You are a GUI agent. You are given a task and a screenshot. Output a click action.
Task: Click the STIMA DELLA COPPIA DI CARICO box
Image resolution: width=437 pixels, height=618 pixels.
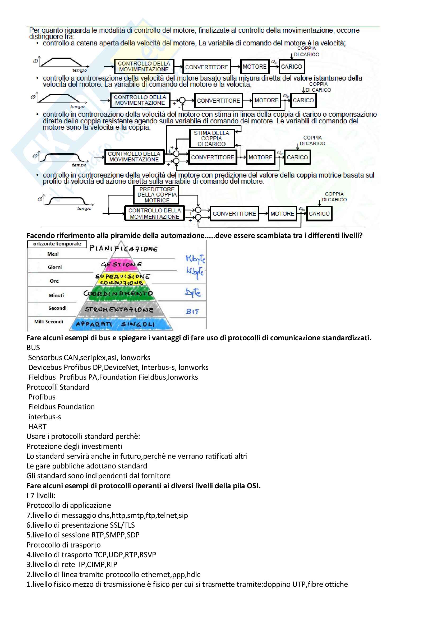[x=212, y=139]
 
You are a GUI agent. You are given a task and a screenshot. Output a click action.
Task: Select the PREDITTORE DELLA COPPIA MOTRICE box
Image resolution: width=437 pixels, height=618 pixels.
[x=157, y=195]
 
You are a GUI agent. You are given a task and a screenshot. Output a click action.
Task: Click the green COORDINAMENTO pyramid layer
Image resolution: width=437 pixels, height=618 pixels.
[x=118, y=294]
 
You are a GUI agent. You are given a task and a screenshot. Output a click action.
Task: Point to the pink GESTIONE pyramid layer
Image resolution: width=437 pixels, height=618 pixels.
[x=121, y=264]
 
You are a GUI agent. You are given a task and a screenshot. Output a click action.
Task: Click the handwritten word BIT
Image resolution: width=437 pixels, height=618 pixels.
[x=192, y=312]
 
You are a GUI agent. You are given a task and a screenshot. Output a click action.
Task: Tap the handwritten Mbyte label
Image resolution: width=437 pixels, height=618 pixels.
[x=195, y=259]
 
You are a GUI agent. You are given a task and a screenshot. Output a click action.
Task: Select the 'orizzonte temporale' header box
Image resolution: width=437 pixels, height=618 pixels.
[x=57, y=244]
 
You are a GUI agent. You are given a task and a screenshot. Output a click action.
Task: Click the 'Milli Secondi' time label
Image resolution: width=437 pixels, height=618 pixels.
[x=49, y=322]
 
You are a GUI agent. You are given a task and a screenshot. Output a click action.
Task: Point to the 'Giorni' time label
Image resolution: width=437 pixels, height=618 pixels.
[x=55, y=267]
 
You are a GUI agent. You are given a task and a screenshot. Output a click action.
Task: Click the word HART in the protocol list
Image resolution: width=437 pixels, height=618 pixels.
[x=38, y=427]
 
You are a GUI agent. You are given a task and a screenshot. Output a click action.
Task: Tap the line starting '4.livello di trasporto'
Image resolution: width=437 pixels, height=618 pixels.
[x=91, y=555]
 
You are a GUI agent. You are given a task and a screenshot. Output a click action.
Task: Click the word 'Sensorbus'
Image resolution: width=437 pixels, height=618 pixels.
[x=45, y=358]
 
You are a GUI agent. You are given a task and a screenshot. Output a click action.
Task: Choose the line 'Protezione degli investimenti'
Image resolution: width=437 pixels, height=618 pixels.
[x=74, y=446]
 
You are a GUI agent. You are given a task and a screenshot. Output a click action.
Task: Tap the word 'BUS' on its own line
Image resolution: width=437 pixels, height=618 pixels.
[x=33, y=348]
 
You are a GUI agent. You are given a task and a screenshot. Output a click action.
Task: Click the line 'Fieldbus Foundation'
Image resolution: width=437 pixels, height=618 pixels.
[x=62, y=407]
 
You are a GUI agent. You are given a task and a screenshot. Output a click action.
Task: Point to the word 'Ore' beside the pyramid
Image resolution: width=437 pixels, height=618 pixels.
[x=54, y=281]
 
